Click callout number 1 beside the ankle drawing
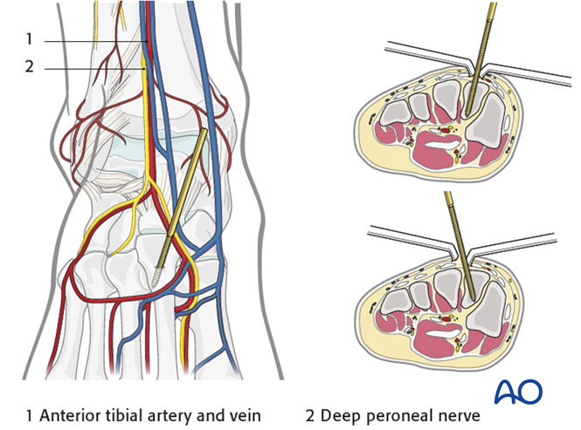pos(29,39)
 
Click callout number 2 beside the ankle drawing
pos(29,66)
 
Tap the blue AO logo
pos(518,392)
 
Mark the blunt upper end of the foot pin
pos(204,133)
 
